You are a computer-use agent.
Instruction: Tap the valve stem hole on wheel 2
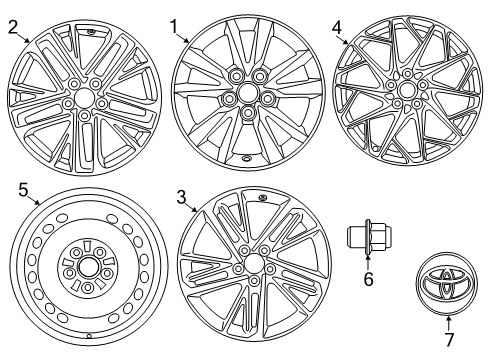click(92, 33)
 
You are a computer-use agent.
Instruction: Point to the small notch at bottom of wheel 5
click(89, 336)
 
